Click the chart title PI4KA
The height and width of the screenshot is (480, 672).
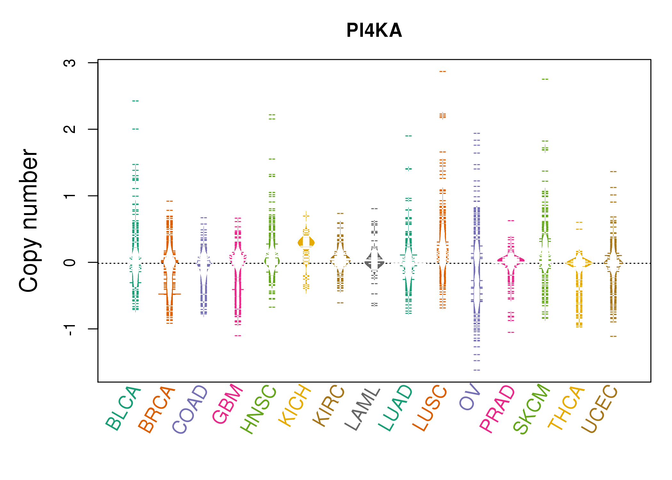point(374,31)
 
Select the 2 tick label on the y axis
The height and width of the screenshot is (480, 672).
point(70,129)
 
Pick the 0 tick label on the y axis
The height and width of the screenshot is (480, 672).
point(70,262)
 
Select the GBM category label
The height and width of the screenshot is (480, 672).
point(228,404)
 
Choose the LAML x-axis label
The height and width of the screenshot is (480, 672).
point(363,409)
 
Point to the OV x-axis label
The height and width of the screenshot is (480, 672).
point(470,397)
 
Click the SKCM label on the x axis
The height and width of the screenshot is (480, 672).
point(532,409)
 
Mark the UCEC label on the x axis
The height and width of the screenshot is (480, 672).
point(599,409)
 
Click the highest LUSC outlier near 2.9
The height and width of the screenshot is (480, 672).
point(443,72)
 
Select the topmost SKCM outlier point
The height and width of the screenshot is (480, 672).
point(545,79)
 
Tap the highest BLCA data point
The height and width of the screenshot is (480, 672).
point(136,101)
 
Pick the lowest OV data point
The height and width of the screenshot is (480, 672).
point(477,370)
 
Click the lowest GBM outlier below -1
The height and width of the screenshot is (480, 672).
point(238,336)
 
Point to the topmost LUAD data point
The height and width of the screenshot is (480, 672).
point(409,136)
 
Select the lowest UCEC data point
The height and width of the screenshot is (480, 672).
point(613,336)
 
